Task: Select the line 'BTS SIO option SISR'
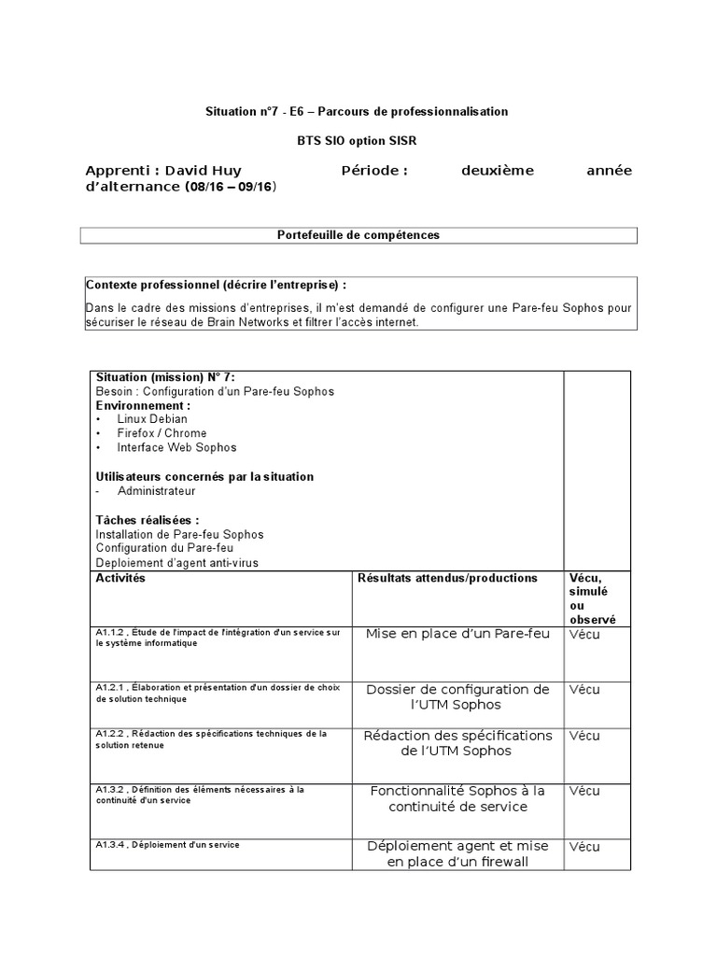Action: tap(357, 140)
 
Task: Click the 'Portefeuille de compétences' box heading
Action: tap(358, 235)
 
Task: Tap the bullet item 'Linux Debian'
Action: tap(152, 419)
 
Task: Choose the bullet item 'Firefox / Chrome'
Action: tap(162, 433)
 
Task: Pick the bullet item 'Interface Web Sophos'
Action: tap(176, 447)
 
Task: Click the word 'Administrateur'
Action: tap(156, 491)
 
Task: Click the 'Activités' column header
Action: tap(120, 579)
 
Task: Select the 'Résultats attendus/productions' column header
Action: tap(447, 579)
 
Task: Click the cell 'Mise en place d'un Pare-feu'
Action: tap(457, 634)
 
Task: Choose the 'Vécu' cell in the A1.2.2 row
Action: tap(584, 736)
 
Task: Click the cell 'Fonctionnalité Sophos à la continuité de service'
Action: tap(457, 798)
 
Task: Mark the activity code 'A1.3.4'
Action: tap(109, 845)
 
